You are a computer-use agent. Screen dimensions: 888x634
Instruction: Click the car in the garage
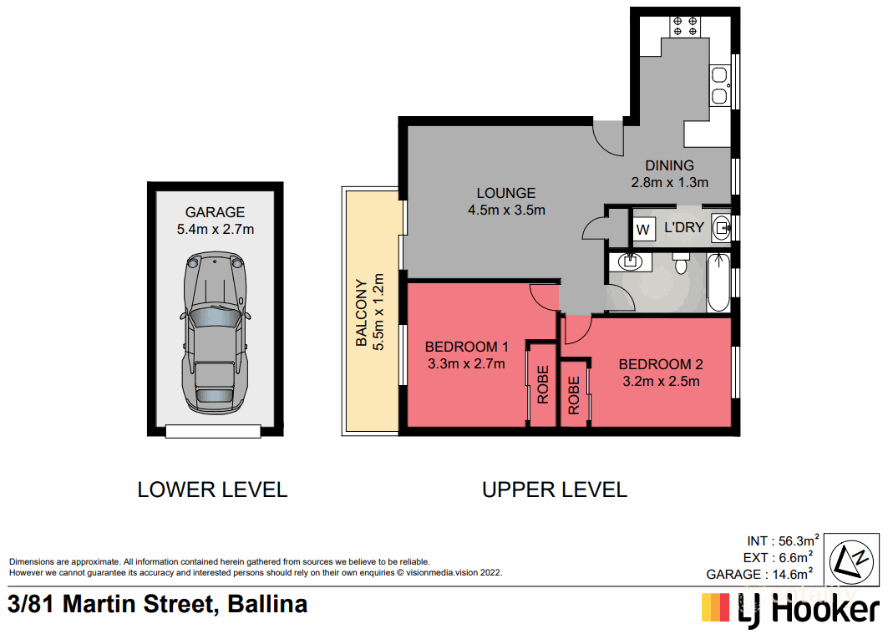215,332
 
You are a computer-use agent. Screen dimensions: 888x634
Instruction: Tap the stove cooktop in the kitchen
685,27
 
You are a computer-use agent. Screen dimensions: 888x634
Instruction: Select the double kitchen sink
719,85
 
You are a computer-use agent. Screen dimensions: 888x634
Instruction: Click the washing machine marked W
642,229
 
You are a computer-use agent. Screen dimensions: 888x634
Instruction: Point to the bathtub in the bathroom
718,282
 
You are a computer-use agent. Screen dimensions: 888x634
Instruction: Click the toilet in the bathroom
680,262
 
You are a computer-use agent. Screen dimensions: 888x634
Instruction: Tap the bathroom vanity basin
630,261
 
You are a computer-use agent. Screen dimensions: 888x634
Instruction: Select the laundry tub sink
721,228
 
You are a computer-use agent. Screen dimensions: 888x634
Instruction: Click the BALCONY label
361,312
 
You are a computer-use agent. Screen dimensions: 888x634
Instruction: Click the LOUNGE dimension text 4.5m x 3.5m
506,210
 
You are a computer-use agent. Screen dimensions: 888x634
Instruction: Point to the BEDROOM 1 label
467,347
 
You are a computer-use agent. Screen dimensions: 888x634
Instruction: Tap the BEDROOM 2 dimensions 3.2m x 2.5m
661,382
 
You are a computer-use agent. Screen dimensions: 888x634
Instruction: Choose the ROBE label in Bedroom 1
542,385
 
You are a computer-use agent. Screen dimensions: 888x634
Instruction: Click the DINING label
669,165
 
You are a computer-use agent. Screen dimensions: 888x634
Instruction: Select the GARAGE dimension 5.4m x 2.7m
216,229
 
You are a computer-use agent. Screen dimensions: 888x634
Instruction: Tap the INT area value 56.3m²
799,540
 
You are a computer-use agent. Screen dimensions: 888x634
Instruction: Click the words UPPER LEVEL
555,489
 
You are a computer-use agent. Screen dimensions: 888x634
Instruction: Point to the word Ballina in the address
267,604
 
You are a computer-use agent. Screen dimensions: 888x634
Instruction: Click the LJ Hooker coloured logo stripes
716,607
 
